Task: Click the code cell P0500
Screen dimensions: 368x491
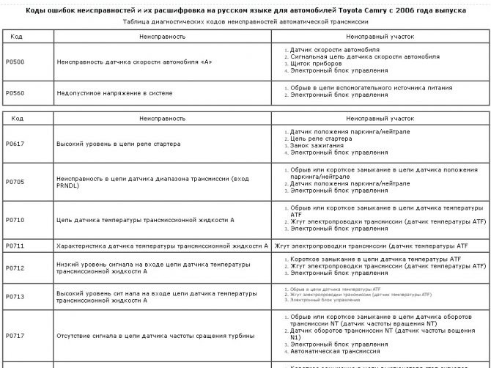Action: point(15,62)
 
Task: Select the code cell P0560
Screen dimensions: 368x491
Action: point(15,93)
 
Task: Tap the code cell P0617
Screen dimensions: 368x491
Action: point(15,144)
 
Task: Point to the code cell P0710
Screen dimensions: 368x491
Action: point(15,220)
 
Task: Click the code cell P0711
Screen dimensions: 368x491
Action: point(15,246)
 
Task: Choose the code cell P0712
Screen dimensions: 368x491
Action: point(15,268)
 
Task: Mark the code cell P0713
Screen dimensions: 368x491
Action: point(15,296)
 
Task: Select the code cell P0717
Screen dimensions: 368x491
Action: point(15,336)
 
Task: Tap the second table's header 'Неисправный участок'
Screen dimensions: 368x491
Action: point(380,117)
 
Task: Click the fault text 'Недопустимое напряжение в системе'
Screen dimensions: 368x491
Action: point(114,93)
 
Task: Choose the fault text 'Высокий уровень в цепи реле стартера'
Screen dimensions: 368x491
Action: point(118,144)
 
